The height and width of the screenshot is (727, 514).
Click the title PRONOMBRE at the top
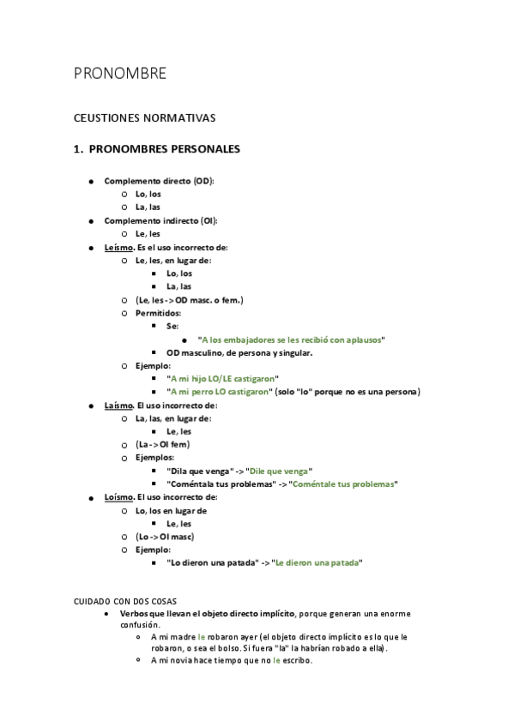119,74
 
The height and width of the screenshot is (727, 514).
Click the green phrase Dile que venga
280,471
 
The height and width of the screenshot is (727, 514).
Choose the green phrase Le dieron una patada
317,562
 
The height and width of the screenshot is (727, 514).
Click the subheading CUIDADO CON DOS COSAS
125,601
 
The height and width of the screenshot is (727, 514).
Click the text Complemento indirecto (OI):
160,220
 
